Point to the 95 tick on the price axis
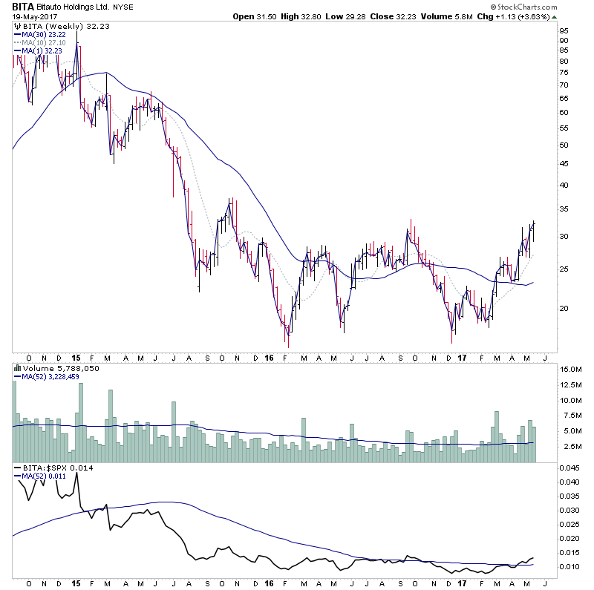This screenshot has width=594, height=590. click(564, 41)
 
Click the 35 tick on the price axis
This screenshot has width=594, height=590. click(564, 209)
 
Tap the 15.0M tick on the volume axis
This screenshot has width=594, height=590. click(570, 368)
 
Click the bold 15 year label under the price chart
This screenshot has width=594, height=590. click(76, 356)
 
